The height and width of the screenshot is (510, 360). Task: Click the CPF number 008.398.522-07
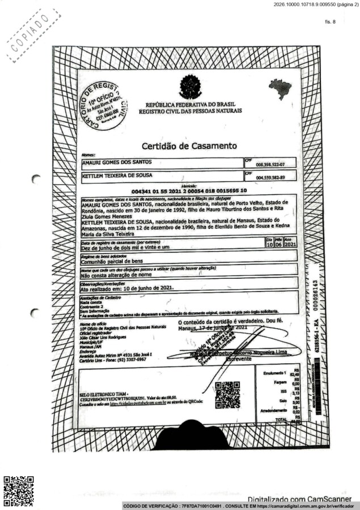coord(270,164)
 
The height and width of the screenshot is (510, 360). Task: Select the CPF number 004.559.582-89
coord(270,177)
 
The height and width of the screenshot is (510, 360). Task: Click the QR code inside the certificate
coord(227,394)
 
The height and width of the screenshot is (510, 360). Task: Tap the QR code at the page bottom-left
coord(19,491)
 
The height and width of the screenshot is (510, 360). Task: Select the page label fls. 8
coord(330,22)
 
